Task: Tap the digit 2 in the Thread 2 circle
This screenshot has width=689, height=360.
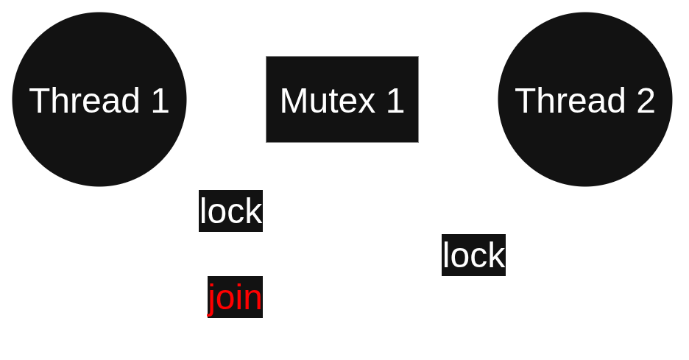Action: coord(646,100)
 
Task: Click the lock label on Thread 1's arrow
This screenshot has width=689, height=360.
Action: coord(230,211)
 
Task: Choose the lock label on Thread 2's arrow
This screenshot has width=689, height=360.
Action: coord(473,255)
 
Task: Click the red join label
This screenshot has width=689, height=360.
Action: coord(235,298)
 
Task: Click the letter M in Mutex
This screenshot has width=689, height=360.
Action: coord(293,100)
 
